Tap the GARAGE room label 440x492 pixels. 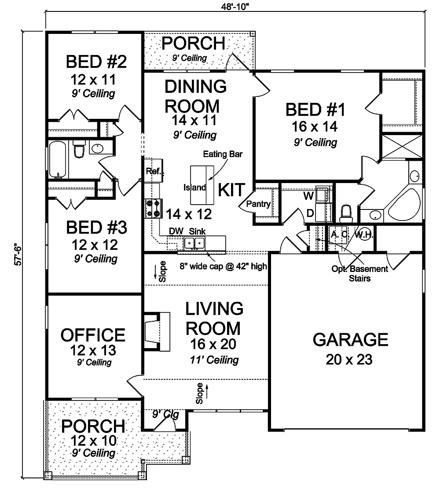(350, 339)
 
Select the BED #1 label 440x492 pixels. (315, 110)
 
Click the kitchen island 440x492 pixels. (202, 185)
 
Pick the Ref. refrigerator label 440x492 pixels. (154, 171)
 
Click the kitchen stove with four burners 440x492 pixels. (154, 208)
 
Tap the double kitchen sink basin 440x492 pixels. (194, 243)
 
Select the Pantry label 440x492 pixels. (258, 204)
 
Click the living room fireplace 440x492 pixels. (157, 331)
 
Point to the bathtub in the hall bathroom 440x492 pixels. (58, 159)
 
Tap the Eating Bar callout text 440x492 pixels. (223, 154)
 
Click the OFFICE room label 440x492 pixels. (93, 335)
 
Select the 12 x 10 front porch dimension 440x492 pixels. (93, 441)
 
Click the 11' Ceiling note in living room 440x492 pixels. (215, 360)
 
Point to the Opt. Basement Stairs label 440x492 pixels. (360, 273)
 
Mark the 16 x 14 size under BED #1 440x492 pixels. (315, 126)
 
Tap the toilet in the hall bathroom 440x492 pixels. (79, 148)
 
